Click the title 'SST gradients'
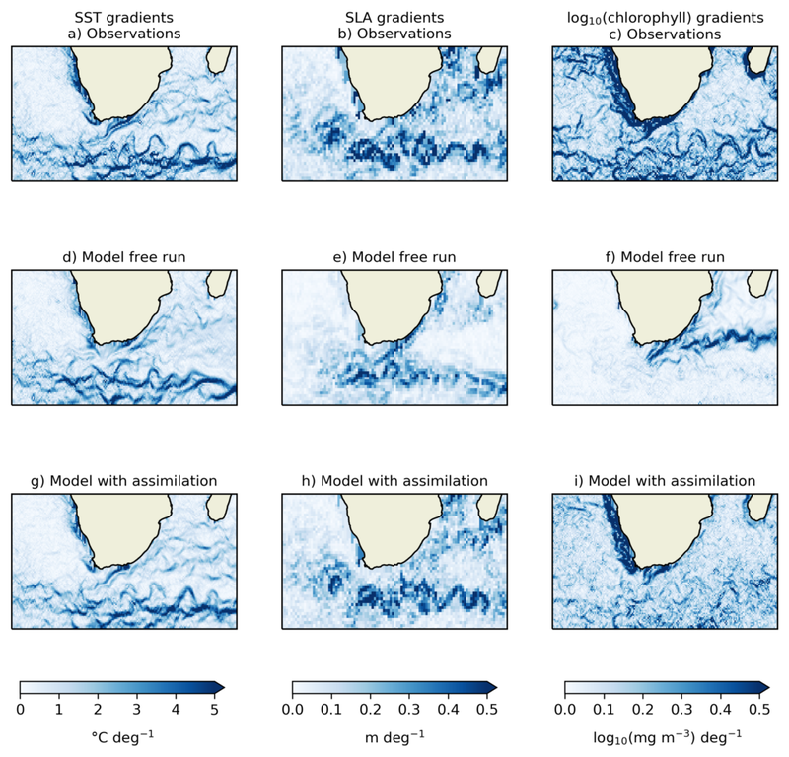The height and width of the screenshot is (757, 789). pos(123,17)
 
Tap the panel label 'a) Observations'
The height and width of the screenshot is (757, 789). pos(123,34)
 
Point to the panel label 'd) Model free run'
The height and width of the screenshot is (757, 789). pos(123,258)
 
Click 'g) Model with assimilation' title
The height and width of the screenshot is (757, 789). pos(123,481)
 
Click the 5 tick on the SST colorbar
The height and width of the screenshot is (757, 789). pos(214,708)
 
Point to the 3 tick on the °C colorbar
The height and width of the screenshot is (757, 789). pos(136,708)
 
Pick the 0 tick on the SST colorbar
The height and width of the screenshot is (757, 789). pos(21,708)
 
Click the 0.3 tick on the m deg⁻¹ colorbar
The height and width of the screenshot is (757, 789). pos(408,708)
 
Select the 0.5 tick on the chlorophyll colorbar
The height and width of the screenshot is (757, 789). pos(757,708)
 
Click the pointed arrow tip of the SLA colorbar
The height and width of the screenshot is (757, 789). pos(495,687)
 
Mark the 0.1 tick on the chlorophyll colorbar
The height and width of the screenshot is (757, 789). pos(603,708)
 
